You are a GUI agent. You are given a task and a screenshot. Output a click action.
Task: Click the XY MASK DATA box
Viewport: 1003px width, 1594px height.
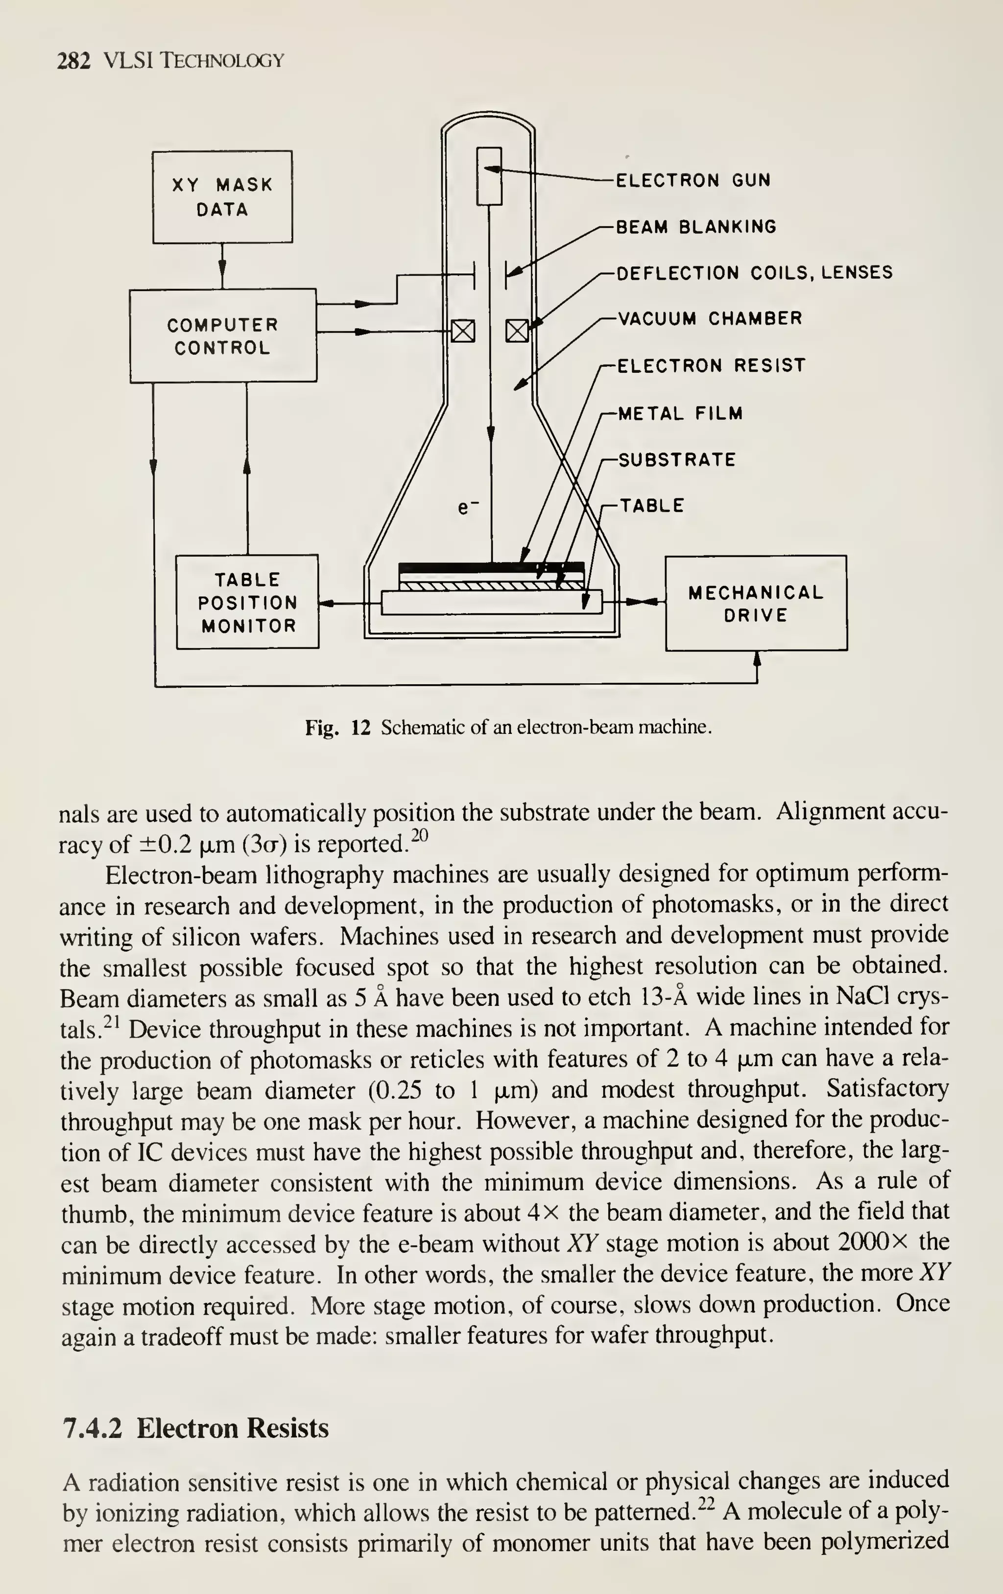coord(222,196)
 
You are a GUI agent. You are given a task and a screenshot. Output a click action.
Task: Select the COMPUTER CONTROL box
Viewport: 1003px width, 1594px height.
coord(222,336)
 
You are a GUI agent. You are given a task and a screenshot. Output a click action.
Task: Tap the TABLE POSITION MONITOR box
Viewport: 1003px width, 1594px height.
coord(247,602)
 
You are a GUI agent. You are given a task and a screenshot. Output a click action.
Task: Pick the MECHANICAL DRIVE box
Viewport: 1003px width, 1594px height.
coord(756,603)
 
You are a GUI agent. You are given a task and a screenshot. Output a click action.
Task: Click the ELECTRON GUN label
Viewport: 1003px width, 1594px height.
coord(693,181)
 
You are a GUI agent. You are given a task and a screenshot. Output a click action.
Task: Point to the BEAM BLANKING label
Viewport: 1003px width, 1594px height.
coord(696,227)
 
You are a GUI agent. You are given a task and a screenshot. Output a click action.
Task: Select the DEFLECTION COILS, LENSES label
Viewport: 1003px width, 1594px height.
coord(754,273)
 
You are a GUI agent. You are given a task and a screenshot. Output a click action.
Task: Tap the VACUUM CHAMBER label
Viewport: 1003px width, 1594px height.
coord(709,319)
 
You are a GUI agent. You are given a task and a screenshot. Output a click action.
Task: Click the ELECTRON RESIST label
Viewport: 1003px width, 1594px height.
coord(711,365)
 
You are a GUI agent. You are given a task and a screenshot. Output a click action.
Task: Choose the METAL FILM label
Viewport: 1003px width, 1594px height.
coord(680,414)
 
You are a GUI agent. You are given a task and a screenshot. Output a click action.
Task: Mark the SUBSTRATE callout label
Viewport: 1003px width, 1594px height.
coord(676,459)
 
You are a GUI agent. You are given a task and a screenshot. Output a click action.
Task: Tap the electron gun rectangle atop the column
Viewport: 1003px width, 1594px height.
coord(490,176)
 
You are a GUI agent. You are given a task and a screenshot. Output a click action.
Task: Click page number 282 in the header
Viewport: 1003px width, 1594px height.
coord(73,61)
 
